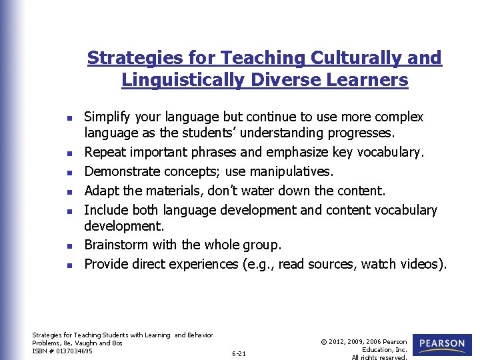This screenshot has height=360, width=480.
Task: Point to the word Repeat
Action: point(105,152)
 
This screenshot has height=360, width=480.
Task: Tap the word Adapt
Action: point(101,191)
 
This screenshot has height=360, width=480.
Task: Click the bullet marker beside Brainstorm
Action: point(70,247)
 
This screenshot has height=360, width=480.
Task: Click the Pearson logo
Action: point(442,344)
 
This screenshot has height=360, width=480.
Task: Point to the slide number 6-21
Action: point(239,353)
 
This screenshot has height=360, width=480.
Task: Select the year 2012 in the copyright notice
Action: point(337,342)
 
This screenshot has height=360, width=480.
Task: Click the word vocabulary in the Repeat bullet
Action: point(390,152)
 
